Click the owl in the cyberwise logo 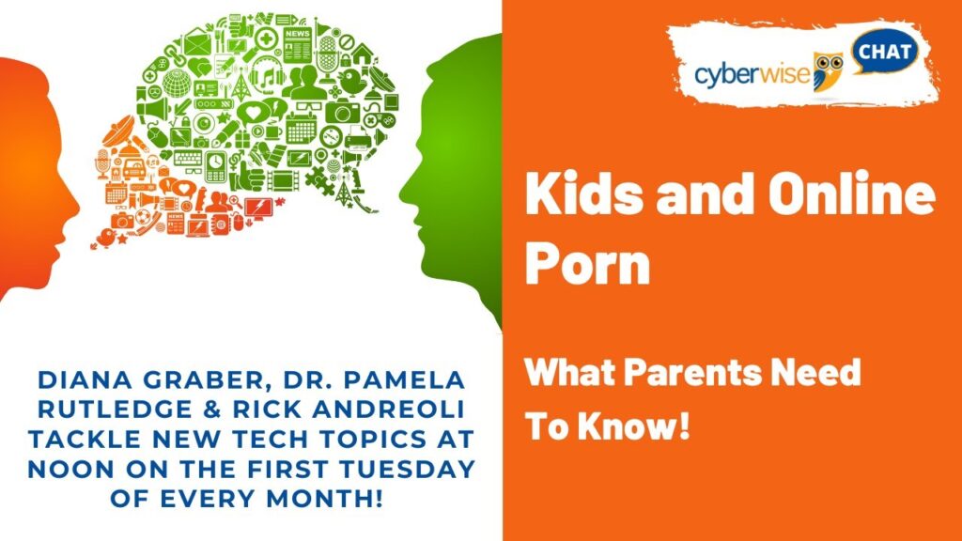tap(828, 71)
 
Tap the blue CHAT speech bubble tap(884, 52)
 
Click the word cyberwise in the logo tap(753, 75)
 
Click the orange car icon tap(134, 168)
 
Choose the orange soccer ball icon tap(144, 217)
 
